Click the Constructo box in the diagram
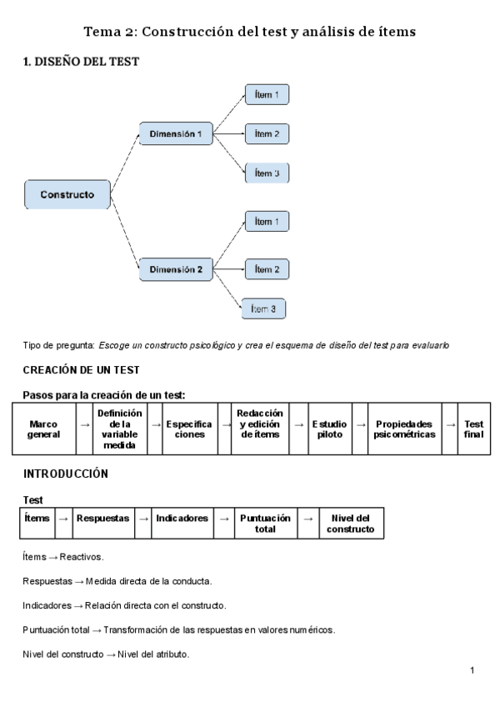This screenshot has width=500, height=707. pos(67,194)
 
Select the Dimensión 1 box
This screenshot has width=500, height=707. pos(176,133)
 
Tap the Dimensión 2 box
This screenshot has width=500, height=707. pos(176,269)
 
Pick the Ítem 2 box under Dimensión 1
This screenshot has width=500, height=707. pos(267,133)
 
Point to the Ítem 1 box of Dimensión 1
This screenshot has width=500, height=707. pos(267,95)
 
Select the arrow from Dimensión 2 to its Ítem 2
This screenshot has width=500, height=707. pos(229,268)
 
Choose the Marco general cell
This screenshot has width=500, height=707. pos(43,429)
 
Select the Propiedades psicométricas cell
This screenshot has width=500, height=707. pos(405,429)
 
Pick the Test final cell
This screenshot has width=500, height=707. pos(473,429)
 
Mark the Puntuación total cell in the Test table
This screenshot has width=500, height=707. pos(265,524)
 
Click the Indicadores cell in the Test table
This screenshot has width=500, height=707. pos(182,519)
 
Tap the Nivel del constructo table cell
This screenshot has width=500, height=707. pos(350,524)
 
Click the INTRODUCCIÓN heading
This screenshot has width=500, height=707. pos(66,474)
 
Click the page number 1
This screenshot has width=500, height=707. pos(472,670)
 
